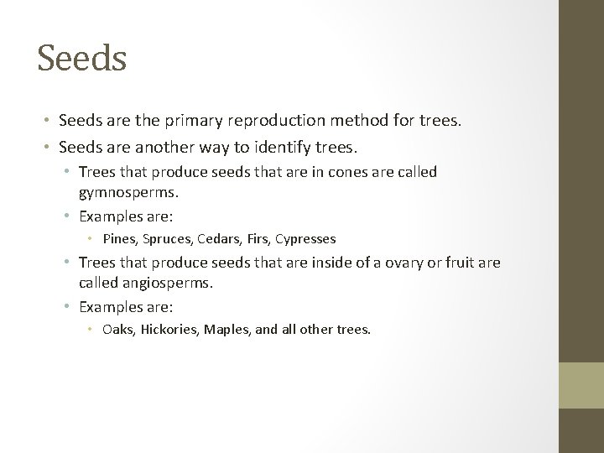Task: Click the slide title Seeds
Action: point(81,59)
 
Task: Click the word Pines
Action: point(118,239)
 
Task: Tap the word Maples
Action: point(228,330)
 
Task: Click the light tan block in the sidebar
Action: point(581,386)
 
